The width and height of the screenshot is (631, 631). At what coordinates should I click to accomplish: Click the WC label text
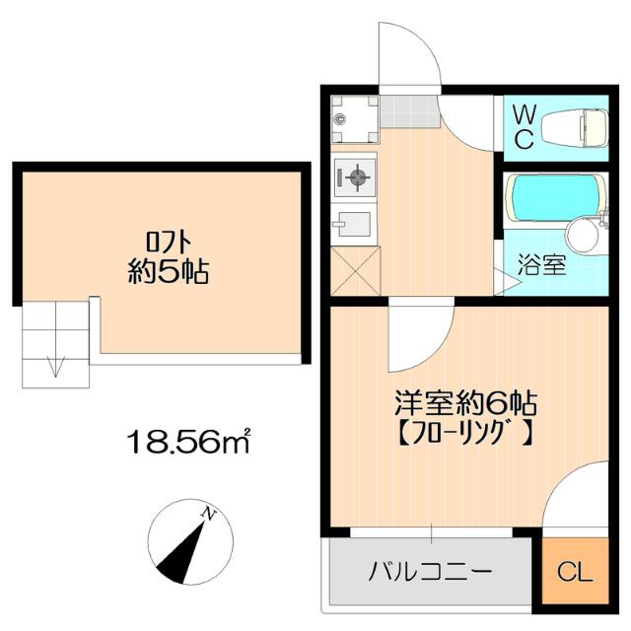tap(525, 127)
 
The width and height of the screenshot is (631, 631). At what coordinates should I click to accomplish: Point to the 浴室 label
tap(542, 266)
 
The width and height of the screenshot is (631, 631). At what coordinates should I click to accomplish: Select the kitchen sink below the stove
tap(352, 225)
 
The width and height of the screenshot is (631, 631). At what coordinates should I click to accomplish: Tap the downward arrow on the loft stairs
tap(56, 367)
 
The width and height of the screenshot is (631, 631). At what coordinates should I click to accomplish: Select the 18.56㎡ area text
tap(188, 440)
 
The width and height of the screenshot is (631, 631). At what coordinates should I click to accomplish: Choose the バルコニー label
tap(431, 572)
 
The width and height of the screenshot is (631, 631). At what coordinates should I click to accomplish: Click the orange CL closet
tap(574, 572)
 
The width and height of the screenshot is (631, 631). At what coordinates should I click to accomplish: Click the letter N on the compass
tap(208, 513)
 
